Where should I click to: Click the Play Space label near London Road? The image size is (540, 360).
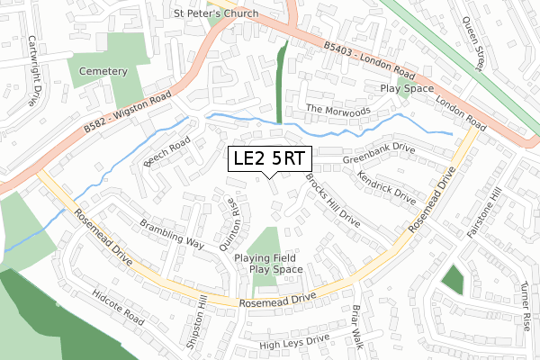point(407,89)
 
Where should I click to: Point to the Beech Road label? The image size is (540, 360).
point(166,153)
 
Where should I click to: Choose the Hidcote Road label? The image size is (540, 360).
point(118,308)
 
